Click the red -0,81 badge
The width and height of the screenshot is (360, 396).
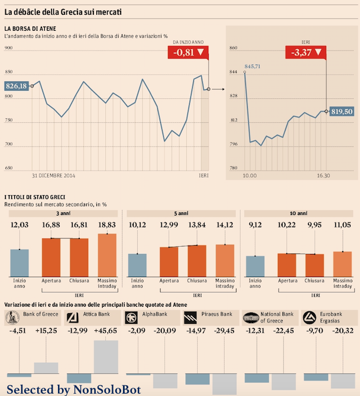(x=189, y=52)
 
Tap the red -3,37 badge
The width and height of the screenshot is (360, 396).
(x=307, y=52)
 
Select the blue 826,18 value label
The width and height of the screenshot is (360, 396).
(x=16, y=86)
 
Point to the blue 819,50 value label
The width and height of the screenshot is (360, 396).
(x=342, y=111)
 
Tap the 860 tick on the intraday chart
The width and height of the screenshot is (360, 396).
(x=233, y=47)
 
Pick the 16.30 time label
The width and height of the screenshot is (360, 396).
(x=323, y=176)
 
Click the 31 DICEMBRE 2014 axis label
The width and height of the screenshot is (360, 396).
(x=53, y=176)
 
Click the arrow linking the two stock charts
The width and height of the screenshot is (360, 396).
(x=218, y=89)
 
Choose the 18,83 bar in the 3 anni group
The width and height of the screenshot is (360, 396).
(x=108, y=255)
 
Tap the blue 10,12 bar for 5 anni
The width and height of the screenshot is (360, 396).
(x=137, y=265)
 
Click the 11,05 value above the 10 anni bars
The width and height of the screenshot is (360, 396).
(x=343, y=225)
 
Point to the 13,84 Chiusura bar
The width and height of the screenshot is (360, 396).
(x=196, y=260)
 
